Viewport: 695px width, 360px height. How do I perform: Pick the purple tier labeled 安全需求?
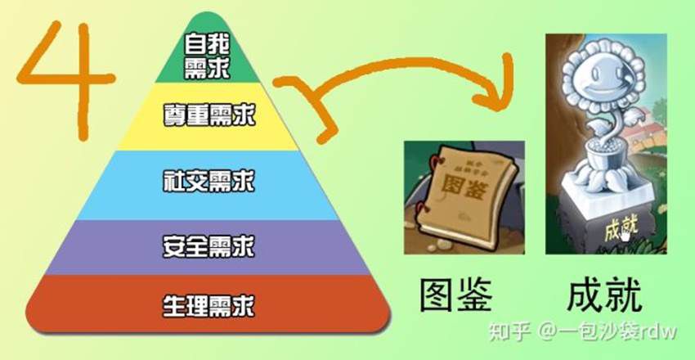[208, 244]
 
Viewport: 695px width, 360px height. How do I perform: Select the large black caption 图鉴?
[460, 297]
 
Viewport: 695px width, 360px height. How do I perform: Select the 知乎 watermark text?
[506, 331]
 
